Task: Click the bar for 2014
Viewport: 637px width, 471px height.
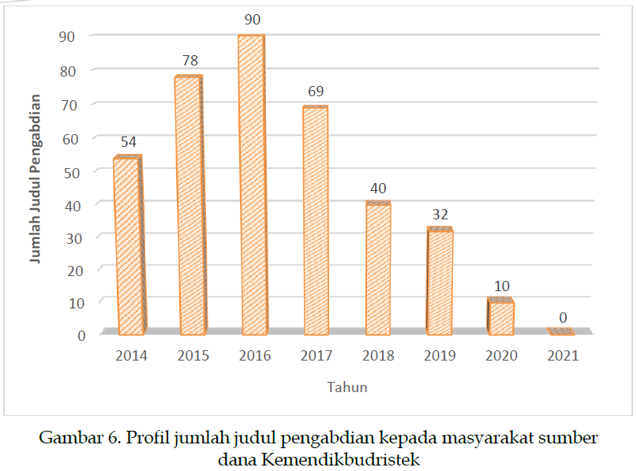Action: coord(129,245)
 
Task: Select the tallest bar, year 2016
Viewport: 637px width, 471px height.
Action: coord(252,185)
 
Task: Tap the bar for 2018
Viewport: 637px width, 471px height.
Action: coord(377,268)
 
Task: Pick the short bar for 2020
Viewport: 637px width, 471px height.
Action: coord(500,317)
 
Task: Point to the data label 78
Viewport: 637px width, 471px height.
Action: coord(189,60)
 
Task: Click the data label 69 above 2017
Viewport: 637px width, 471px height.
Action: coord(315,91)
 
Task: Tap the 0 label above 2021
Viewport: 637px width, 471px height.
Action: coord(563,318)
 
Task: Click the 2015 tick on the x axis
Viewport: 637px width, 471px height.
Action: coord(193,356)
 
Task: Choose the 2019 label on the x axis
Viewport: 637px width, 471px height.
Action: coord(440,356)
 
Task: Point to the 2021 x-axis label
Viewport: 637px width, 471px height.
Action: coord(563,356)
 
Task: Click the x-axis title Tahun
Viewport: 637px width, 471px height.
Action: coord(347,387)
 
